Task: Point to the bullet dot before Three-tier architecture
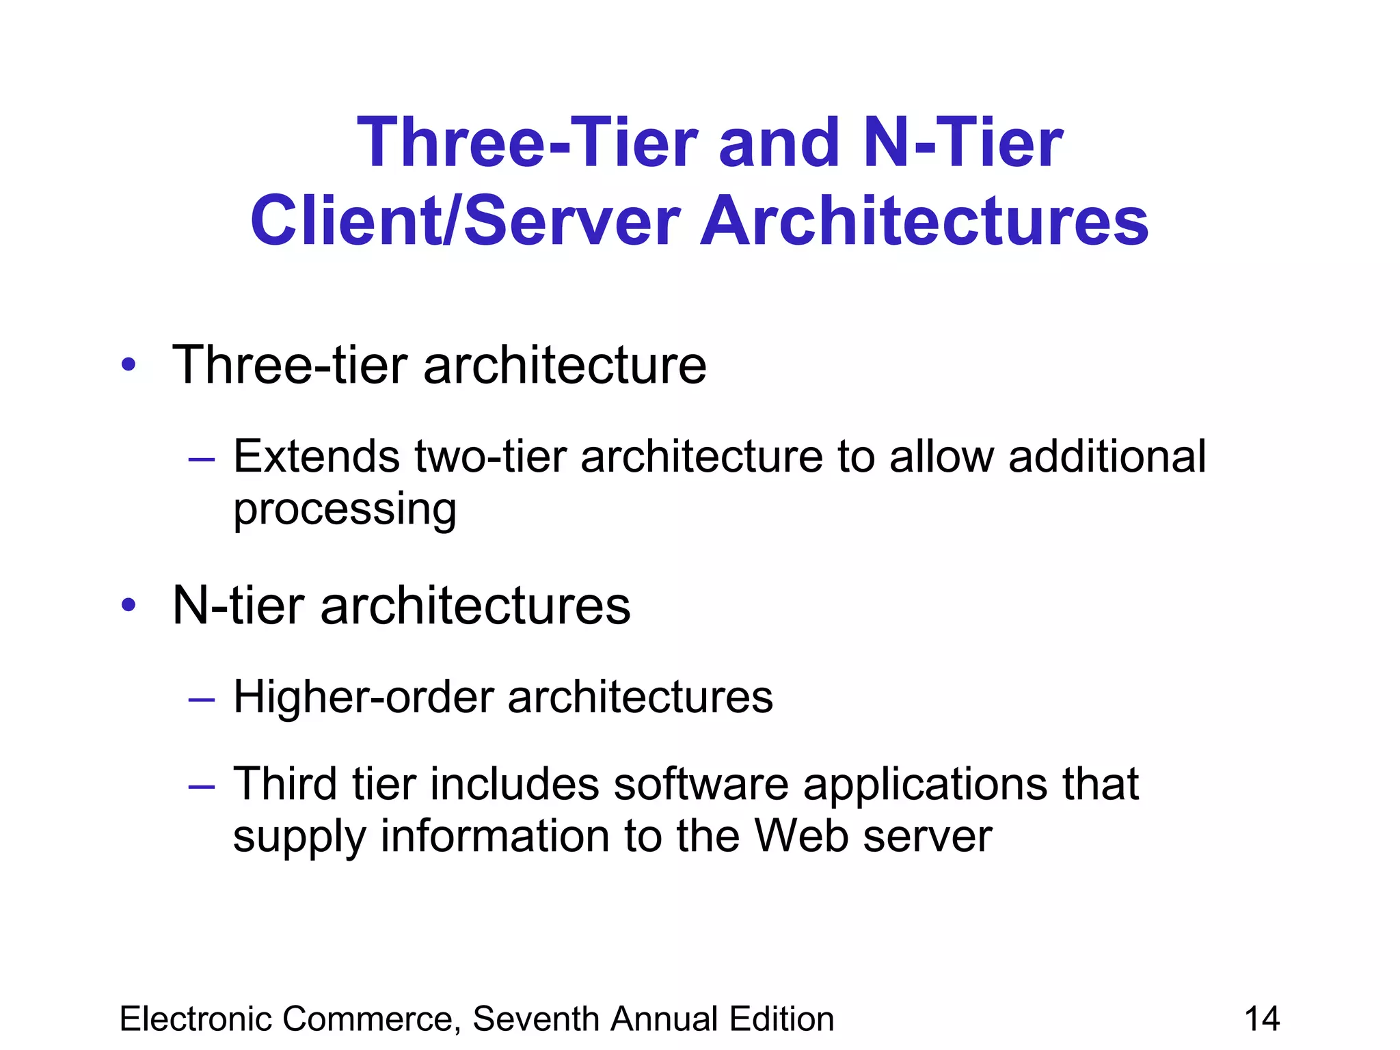[x=129, y=365]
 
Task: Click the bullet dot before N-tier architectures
[x=129, y=605]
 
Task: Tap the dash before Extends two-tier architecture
[x=202, y=459]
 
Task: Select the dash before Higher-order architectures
[x=202, y=699]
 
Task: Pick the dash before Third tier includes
[x=202, y=785]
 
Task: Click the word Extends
[x=317, y=456]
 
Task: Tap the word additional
[x=1107, y=456]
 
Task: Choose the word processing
[x=345, y=510]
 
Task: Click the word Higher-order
[x=363, y=697]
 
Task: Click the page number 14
[x=1262, y=1019]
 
